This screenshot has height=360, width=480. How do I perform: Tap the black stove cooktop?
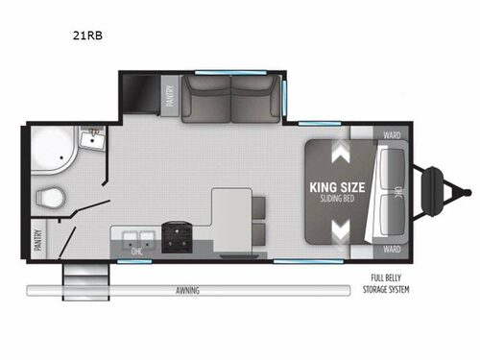pyautogui.click(x=176, y=237)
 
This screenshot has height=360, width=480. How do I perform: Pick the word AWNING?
pyautogui.click(x=186, y=290)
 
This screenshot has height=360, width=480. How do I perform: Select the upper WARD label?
pyautogui.click(x=391, y=135)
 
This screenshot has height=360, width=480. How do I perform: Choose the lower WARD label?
pyautogui.click(x=391, y=248)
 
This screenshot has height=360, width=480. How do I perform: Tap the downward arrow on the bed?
pyautogui.click(x=341, y=228)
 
